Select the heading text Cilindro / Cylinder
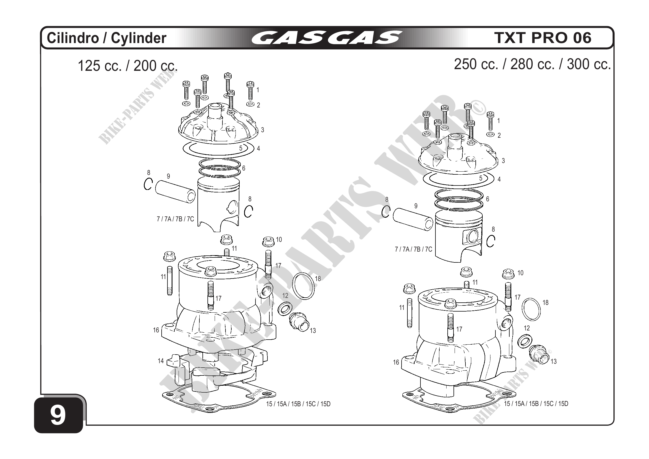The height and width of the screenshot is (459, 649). point(107,38)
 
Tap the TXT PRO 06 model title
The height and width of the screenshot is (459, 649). point(542,38)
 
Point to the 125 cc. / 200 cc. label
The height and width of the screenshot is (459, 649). point(127,66)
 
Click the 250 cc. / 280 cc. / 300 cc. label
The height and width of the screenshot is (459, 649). point(532,64)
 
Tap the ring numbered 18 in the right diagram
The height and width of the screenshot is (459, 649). point(531,310)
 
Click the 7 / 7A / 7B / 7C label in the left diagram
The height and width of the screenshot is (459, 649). point(175,219)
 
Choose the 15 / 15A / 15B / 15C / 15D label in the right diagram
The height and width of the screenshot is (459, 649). point(536,404)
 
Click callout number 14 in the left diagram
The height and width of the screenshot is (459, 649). point(161,361)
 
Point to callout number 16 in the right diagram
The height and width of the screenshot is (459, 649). point(396,362)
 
